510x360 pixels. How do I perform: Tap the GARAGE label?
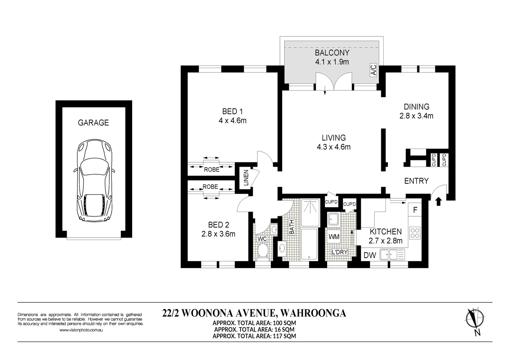pos(93,123)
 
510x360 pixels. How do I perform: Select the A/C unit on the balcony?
pos(373,70)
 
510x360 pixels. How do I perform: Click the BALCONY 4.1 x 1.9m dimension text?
pos(332,62)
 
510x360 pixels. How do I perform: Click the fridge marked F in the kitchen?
pos(415,210)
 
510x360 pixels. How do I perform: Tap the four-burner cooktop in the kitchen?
pos(415,233)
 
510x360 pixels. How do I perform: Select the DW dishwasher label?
pos(370,256)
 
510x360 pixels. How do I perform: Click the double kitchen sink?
pos(392,255)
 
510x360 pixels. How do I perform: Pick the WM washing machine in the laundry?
pos(334,237)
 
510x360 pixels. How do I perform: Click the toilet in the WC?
pos(263,251)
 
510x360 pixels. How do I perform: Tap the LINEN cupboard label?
pos(246,178)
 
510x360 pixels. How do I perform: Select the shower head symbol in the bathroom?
pos(311,207)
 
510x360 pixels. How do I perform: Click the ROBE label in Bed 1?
pos(211,170)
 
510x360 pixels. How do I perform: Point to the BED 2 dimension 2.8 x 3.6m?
pos(218,234)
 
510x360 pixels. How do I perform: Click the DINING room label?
pos(416,107)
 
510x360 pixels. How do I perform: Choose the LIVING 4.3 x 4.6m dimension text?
pos(334,147)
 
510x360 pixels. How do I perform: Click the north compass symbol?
pos(475,321)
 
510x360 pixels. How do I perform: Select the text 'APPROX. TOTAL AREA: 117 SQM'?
pos(254,336)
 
